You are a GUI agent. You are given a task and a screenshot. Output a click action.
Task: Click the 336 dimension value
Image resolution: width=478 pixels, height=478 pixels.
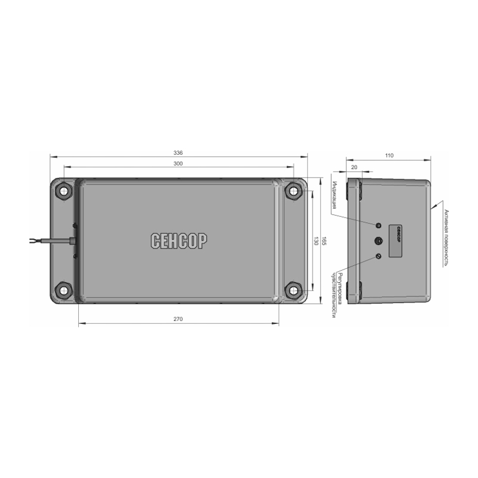click(x=178, y=153)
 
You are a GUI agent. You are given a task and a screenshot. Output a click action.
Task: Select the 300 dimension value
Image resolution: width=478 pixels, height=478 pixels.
click(x=178, y=164)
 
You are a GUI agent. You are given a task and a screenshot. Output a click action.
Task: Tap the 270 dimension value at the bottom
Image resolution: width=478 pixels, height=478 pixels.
click(x=178, y=319)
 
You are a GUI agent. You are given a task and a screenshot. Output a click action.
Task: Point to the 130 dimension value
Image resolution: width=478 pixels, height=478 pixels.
click(x=316, y=241)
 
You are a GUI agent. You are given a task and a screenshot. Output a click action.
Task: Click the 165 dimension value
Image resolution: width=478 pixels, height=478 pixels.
click(x=324, y=241)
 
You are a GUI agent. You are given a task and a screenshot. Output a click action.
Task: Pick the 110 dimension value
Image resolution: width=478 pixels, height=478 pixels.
click(x=390, y=155)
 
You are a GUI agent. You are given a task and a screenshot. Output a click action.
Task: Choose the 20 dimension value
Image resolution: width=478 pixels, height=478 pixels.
click(x=354, y=167)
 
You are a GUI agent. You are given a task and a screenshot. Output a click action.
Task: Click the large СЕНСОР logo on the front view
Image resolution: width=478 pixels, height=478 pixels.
click(x=179, y=241)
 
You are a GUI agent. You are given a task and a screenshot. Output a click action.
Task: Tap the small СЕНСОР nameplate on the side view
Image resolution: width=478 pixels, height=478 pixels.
click(x=396, y=241)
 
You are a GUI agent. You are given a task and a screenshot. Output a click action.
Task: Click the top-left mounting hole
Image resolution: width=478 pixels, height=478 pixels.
click(x=64, y=191)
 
